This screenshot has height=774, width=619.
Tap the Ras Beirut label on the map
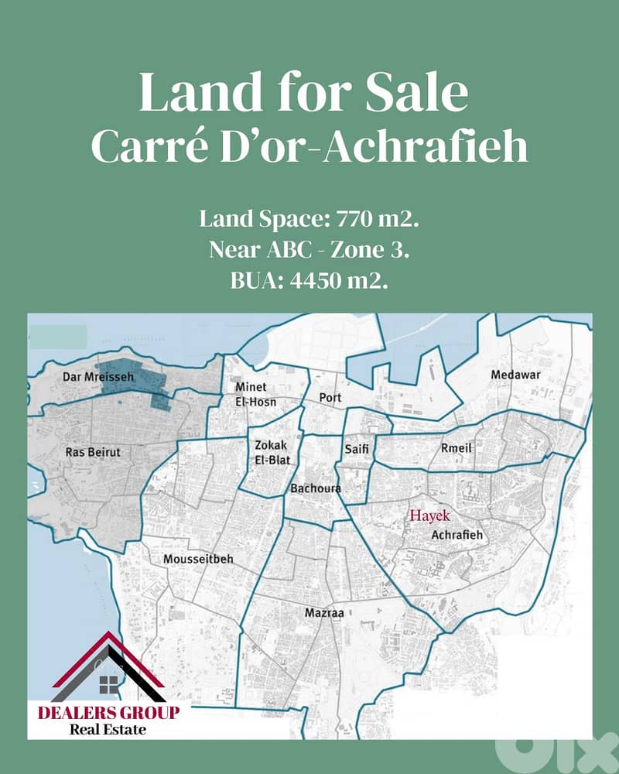[x=93, y=451]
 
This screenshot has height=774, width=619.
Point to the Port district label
[x=330, y=397]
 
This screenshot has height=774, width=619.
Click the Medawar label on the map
[x=515, y=375]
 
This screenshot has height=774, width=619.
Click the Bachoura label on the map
[x=315, y=488]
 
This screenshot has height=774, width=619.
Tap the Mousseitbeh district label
[x=198, y=559]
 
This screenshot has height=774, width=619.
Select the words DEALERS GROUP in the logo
[x=108, y=712]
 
